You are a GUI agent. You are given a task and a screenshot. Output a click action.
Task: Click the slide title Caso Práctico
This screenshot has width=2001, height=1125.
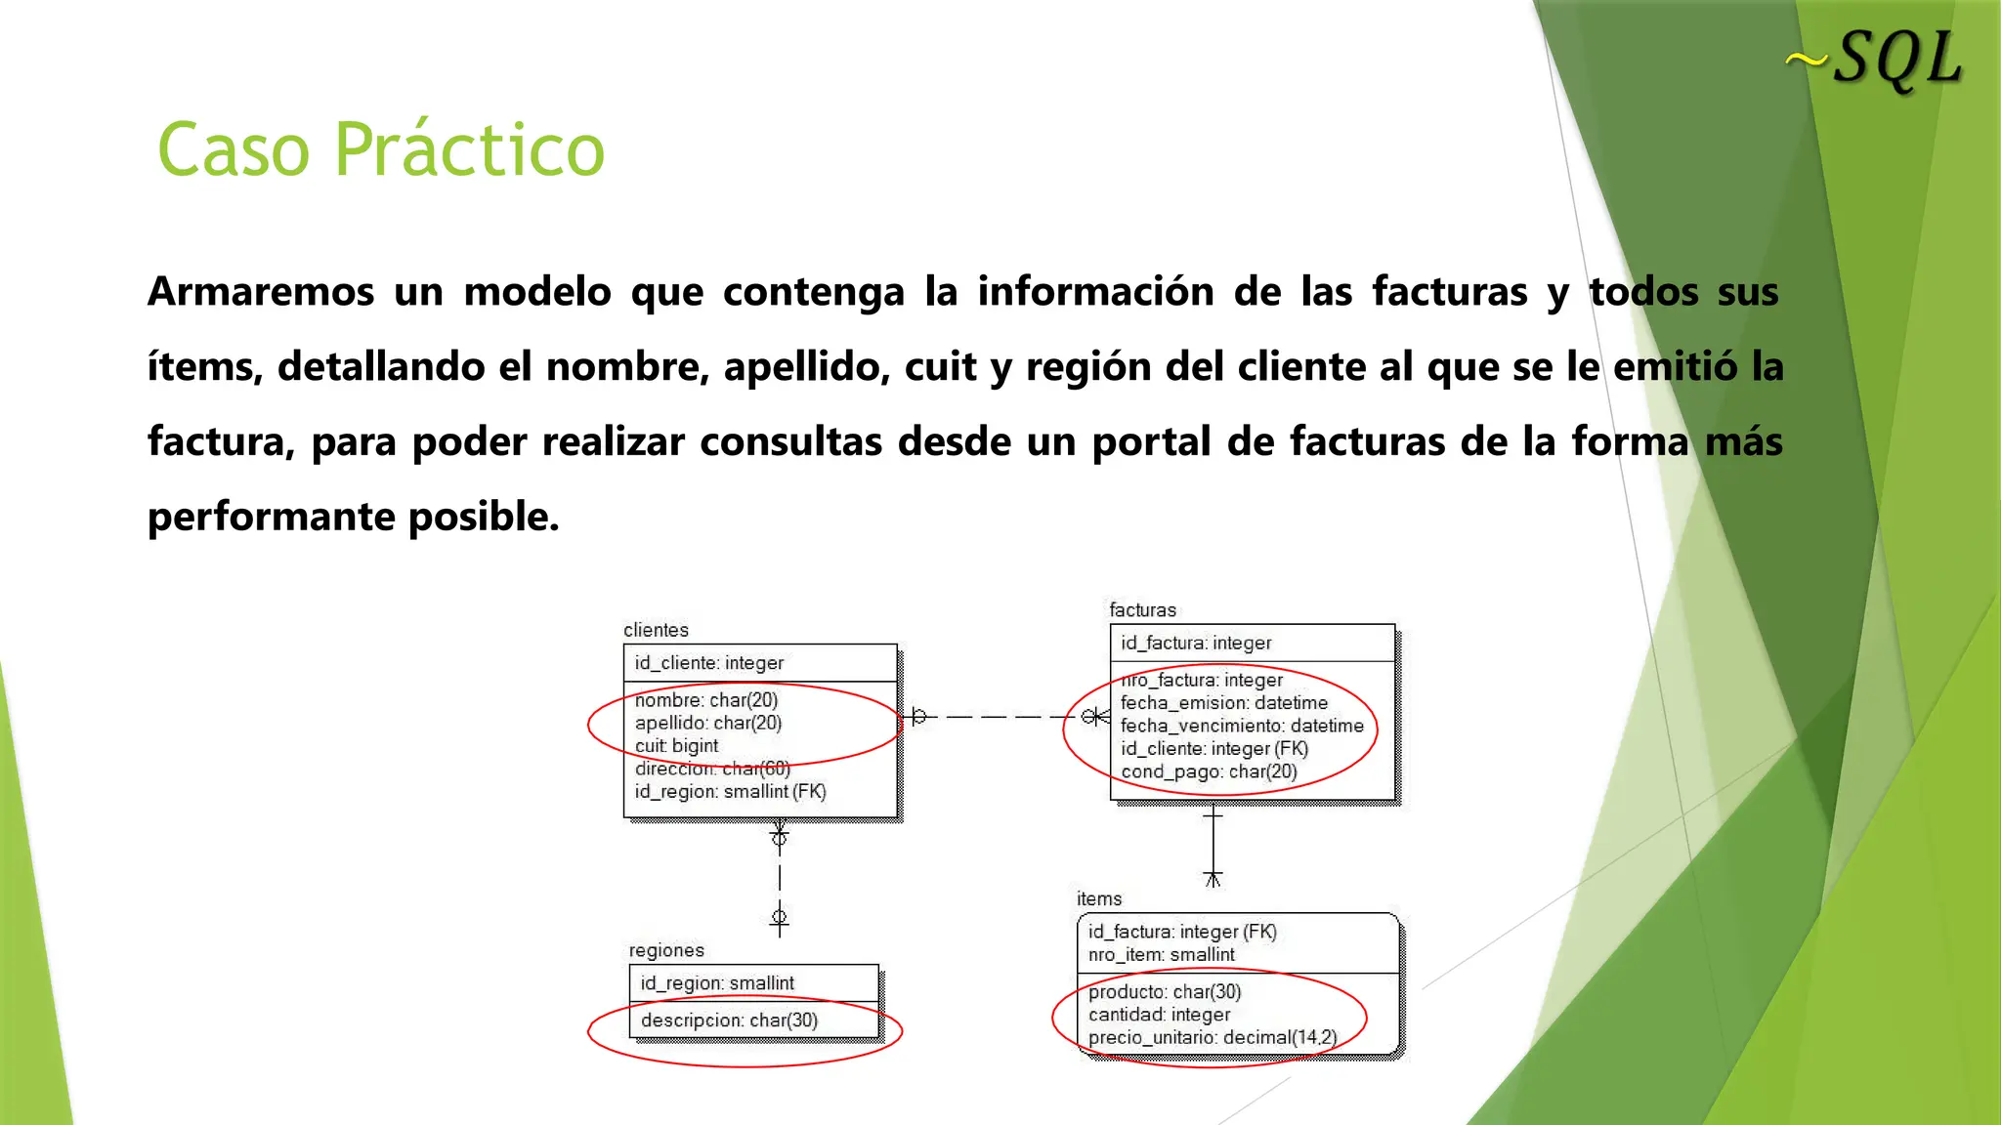[381, 149]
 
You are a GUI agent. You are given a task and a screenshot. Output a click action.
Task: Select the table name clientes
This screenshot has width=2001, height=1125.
[656, 630]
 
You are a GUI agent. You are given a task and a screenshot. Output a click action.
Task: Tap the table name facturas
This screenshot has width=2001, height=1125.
[1142, 610]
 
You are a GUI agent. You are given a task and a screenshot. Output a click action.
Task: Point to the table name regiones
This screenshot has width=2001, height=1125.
[666, 950]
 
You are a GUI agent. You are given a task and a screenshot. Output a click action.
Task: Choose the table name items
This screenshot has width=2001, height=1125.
[1099, 898]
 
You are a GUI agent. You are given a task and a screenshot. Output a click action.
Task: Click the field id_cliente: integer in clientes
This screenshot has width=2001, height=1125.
[708, 663]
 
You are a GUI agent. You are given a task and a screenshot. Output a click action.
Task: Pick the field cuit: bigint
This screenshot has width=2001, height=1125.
[676, 746]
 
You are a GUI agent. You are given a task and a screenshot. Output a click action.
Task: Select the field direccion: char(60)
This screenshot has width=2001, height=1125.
[712, 769]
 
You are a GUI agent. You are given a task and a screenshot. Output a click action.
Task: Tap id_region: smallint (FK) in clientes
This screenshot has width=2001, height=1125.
[730, 792]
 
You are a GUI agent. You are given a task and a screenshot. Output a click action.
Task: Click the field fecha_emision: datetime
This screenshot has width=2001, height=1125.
[1224, 703]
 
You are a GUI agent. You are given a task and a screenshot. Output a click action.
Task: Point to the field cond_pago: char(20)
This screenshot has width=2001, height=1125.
[1209, 772]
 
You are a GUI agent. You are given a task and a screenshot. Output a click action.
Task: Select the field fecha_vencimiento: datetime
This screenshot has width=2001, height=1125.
[1242, 726]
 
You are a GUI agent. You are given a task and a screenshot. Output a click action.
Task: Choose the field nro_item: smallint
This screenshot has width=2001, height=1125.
[1161, 955]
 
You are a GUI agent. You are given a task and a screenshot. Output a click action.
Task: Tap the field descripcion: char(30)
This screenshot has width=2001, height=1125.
[729, 1021]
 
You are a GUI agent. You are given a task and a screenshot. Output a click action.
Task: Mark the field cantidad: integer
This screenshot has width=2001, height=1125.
[1159, 1016]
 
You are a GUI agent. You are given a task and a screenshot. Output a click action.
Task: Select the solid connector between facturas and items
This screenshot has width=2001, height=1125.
[1213, 842]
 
